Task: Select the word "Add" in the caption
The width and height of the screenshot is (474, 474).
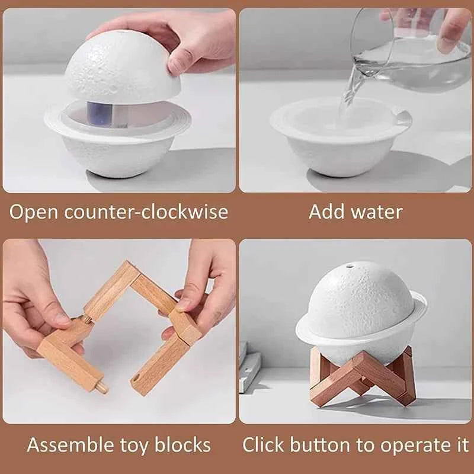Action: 324,212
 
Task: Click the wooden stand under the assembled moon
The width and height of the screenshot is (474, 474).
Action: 361,379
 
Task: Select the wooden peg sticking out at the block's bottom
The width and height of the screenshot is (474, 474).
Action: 101,387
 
